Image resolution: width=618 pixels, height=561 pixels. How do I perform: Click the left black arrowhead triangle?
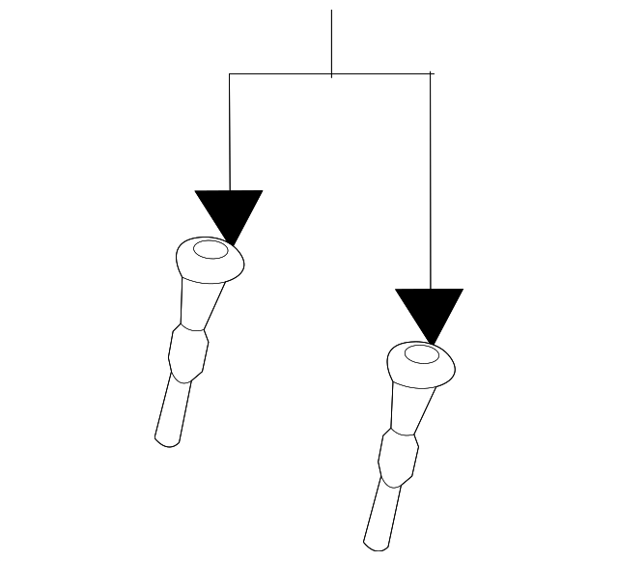[229, 210]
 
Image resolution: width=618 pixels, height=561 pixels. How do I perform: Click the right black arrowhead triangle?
[430, 309]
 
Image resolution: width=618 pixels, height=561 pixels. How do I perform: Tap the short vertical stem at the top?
[332, 39]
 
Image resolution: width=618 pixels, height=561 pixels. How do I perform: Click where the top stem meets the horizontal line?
[332, 73]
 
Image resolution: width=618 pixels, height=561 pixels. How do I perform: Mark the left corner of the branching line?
[230, 73]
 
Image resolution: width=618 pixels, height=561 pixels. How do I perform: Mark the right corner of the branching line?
[430, 73]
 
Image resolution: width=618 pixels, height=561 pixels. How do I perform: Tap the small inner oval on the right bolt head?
[421, 354]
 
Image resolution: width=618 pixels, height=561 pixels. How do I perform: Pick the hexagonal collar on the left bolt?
[188, 352]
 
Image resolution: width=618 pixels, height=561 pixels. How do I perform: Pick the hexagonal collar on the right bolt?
[398, 457]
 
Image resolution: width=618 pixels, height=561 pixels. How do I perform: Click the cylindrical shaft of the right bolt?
[380, 517]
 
